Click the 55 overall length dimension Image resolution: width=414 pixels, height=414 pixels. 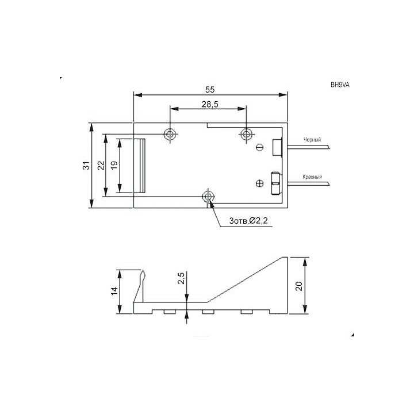(209, 90)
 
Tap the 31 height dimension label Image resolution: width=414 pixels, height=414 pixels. (86, 165)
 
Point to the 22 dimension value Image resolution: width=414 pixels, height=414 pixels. (101, 165)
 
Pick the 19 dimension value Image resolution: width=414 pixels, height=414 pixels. (114, 165)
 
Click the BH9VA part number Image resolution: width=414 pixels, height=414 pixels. (340, 85)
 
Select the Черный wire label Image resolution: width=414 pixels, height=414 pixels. (312, 140)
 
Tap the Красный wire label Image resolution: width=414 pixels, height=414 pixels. (312, 177)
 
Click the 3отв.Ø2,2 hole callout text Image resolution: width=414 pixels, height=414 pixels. (248, 221)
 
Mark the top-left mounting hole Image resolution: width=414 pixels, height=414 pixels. (170, 134)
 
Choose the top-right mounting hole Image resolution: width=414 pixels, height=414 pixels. (246, 134)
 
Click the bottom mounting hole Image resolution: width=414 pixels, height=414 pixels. (208, 197)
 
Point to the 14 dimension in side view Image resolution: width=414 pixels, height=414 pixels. (114, 291)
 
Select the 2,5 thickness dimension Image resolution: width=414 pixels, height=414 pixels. (181, 279)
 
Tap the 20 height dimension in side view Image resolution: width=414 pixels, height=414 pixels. (299, 286)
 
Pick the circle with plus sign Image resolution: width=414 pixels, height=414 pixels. (259, 184)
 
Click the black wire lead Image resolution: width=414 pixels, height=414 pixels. (308, 147)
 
